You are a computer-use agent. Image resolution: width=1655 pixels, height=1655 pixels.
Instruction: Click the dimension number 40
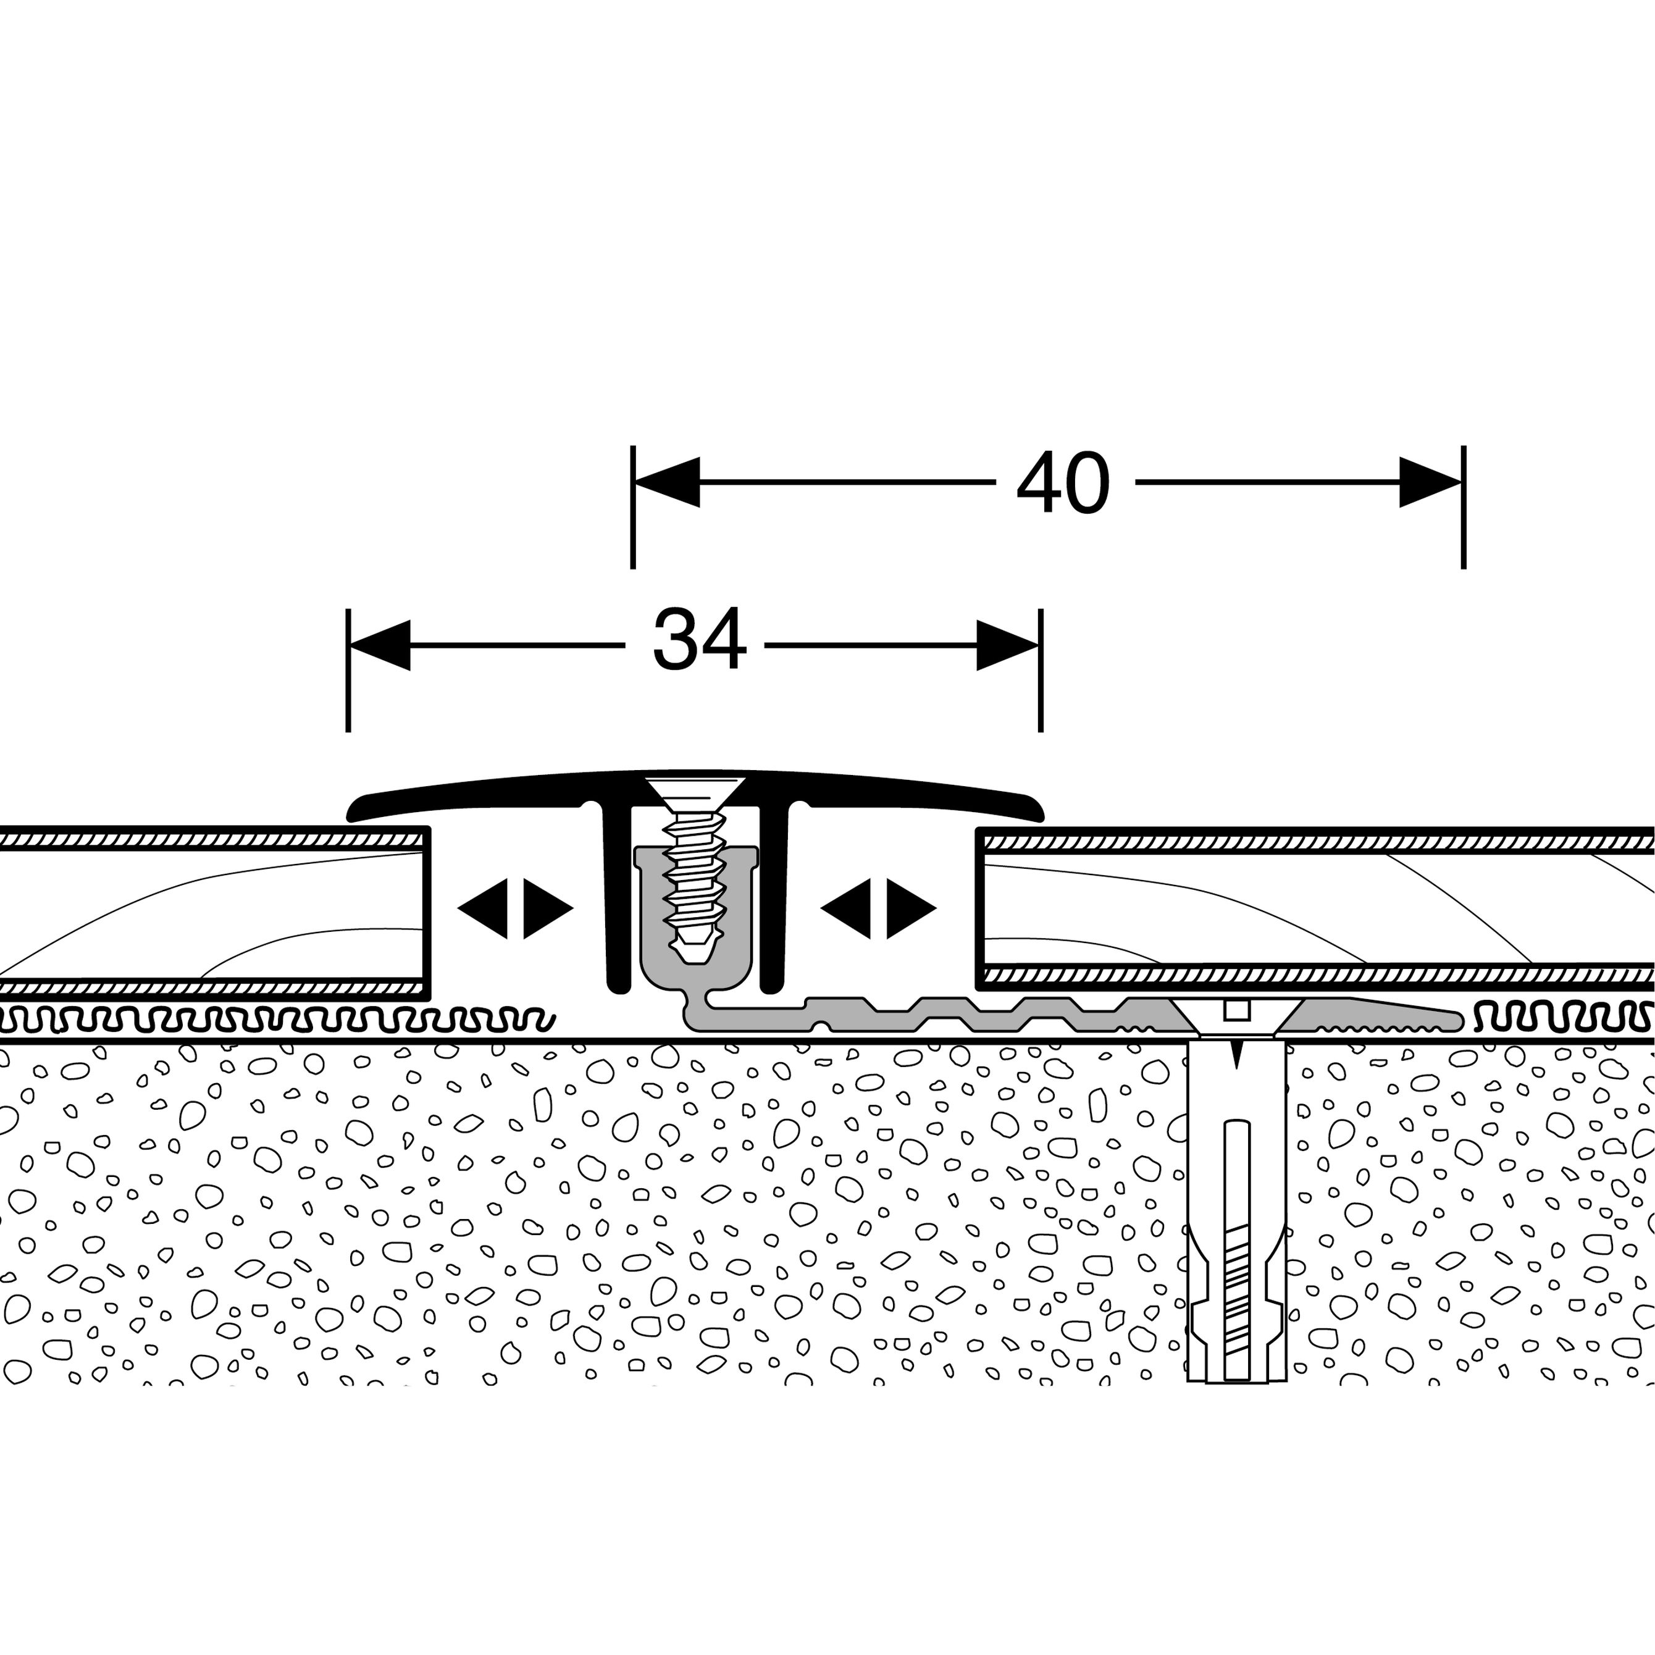click(x=1063, y=484)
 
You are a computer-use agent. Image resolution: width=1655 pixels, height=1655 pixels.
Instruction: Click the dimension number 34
click(x=698, y=641)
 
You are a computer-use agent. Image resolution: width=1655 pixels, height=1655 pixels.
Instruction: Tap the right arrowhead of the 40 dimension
click(x=1429, y=482)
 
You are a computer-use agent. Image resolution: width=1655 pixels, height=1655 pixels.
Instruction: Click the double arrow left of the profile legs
click(x=515, y=908)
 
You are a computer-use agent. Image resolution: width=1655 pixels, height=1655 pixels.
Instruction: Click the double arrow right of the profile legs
click(x=878, y=908)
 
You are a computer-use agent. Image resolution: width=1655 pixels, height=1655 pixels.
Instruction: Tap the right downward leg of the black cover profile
click(x=773, y=900)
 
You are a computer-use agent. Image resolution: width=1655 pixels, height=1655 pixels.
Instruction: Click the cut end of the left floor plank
click(x=425, y=912)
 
